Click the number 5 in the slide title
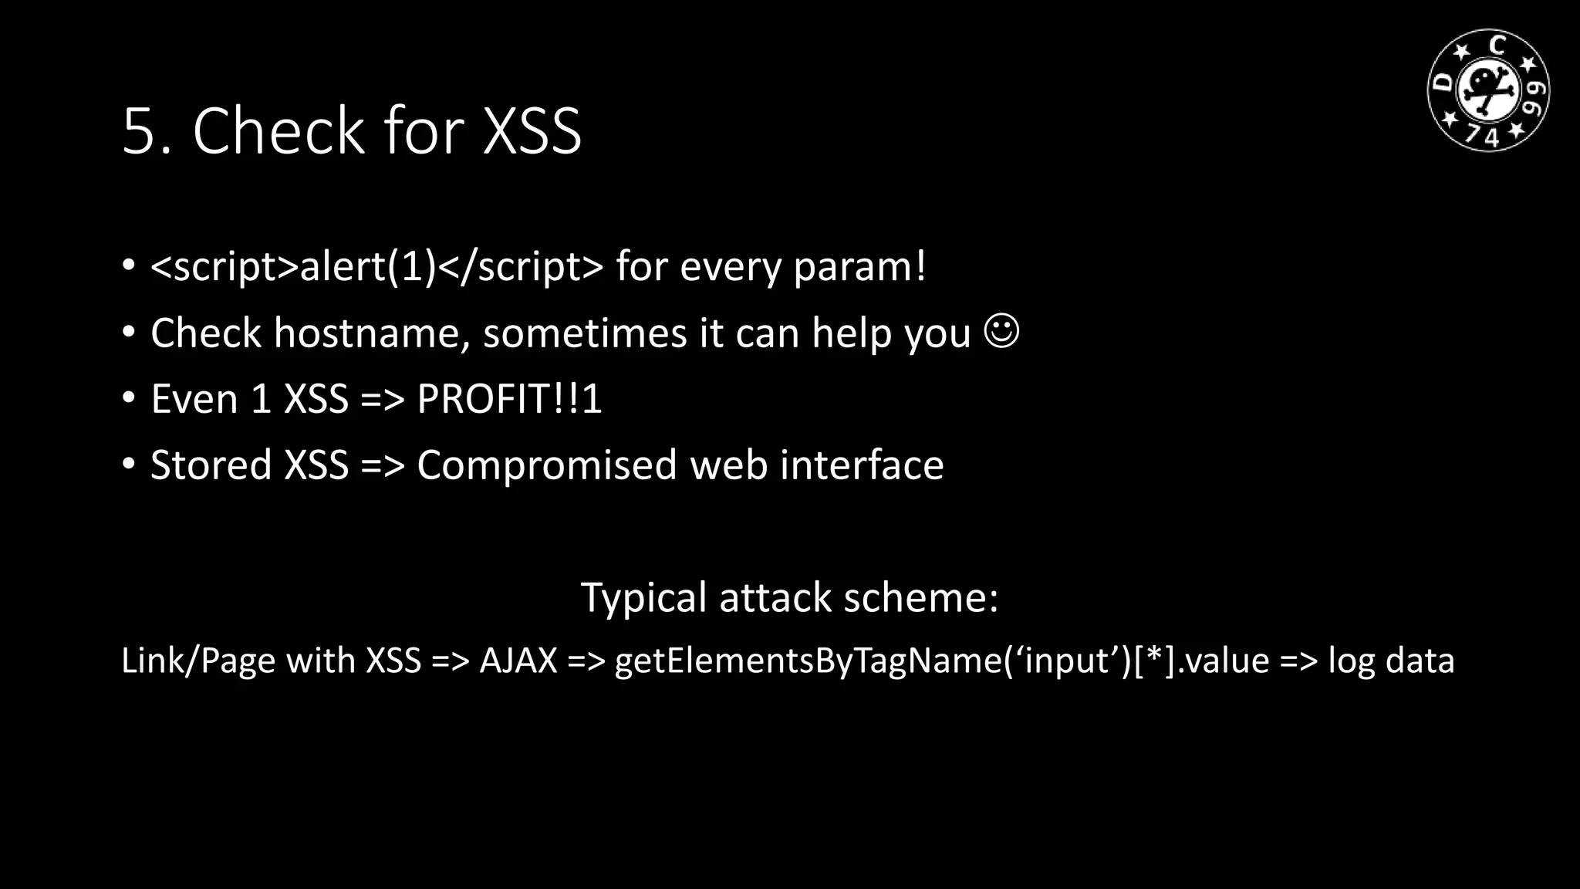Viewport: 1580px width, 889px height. [140, 131]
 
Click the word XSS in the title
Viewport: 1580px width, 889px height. [532, 131]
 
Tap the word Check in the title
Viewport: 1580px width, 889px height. [278, 131]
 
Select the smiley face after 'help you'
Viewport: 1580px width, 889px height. [1002, 331]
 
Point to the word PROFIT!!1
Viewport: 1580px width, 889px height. [509, 399]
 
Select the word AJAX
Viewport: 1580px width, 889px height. [518, 661]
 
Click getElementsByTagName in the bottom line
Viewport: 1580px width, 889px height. [809, 661]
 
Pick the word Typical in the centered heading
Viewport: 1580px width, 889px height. [643, 598]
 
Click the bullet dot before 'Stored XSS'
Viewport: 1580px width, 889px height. [129, 464]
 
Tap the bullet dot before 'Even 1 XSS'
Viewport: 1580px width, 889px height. [129, 397]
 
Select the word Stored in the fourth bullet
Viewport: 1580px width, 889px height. [211, 465]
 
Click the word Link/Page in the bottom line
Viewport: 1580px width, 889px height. [198, 661]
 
